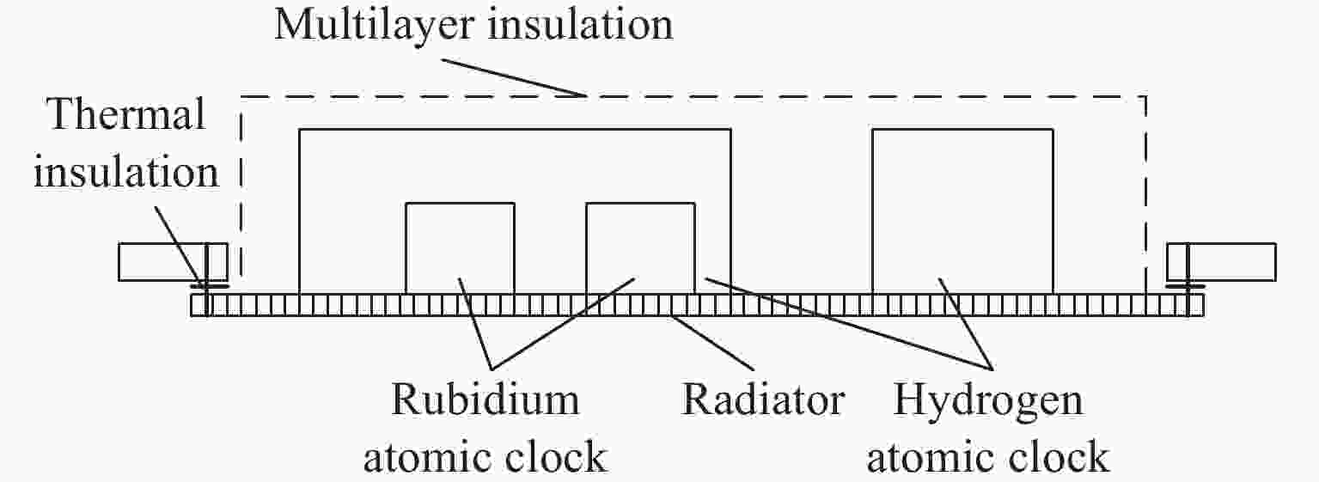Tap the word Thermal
click(126, 114)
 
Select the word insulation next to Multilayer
click(580, 25)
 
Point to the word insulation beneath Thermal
click(126, 173)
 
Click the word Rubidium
click(485, 400)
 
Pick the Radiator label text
click(762, 400)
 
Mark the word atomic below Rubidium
click(431, 458)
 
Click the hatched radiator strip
click(697, 306)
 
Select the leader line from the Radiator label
click(713, 343)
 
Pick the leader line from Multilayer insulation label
click(514, 77)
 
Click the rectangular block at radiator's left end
click(173, 262)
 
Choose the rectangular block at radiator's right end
click(1222, 262)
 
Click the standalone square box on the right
click(962, 211)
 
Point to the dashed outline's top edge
click(693, 96)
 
